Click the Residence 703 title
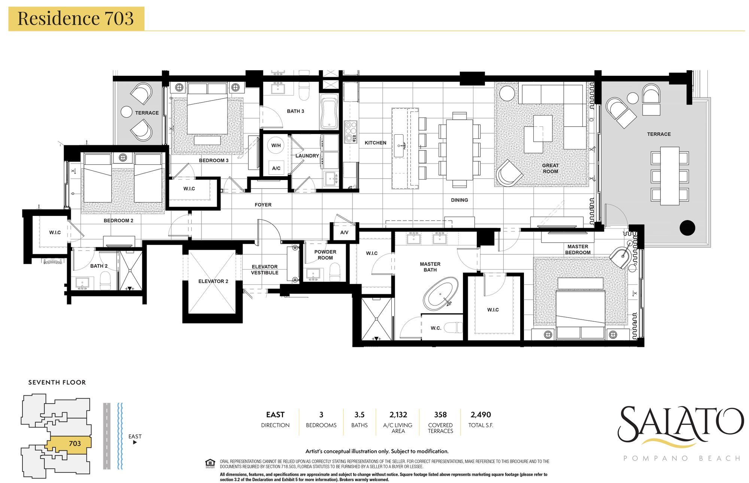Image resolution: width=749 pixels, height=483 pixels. pyautogui.click(x=76, y=18)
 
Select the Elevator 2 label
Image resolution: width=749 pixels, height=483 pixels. pyautogui.click(x=213, y=281)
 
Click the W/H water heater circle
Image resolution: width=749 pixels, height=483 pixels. pyautogui.click(x=276, y=145)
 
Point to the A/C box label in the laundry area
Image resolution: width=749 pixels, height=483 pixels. pyautogui.click(x=276, y=168)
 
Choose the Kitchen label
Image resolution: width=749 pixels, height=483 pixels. pyautogui.click(x=375, y=143)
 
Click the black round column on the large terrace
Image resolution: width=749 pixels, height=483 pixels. pyautogui.click(x=687, y=227)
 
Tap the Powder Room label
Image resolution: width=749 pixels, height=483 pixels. pyautogui.click(x=325, y=255)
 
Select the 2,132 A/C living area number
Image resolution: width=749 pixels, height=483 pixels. pyautogui.click(x=398, y=415)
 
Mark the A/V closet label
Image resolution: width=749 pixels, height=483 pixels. pyautogui.click(x=344, y=232)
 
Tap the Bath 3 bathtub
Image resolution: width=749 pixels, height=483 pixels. pyautogui.click(x=329, y=112)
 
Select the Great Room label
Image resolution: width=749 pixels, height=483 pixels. pyautogui.click(x=550, y=168)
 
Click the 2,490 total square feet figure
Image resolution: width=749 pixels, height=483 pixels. pyautogui.click(x=480, y=415)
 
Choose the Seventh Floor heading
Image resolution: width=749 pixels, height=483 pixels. pyautogui.click(x=57, y=382)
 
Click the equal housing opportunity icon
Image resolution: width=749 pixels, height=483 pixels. pyautogui.click(x=210, y=463)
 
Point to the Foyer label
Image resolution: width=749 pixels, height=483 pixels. pyautogui.click(x=263, y=205)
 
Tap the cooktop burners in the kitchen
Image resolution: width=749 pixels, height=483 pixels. pyautogui.click(x=351, y=132)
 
